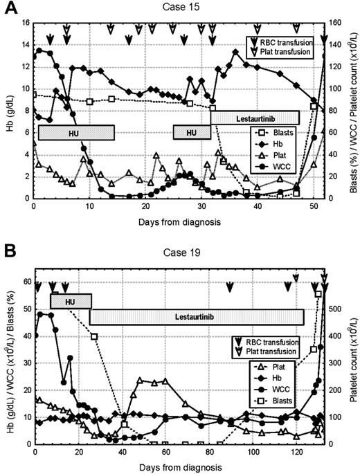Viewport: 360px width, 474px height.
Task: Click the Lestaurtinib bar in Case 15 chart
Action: (x=254, y=118)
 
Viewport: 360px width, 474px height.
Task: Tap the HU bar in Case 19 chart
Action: (x=71, y=301)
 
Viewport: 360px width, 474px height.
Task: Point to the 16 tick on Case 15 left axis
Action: (x=25, y=23)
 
